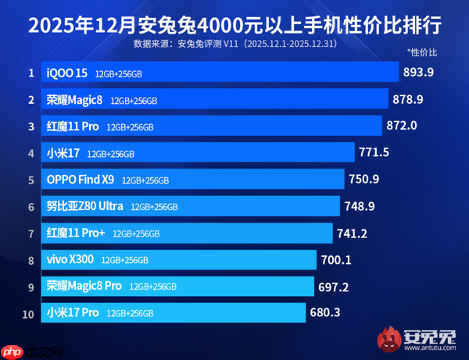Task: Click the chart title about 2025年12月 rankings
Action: coord(234,21)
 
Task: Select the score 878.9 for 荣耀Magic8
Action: coord(409,99)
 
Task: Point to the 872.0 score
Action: coord(402,126)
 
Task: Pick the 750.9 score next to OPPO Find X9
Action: coord(364,180)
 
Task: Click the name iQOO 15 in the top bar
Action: coord(66,73)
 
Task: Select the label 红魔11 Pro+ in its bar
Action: coord(76,233)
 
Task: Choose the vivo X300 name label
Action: coord(70,259)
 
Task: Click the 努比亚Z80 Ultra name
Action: coord(85,206)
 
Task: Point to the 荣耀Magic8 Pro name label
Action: coord(84,286)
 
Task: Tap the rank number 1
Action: coord(30,73)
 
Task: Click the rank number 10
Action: coord(30,313)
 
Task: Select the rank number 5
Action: coord(30,180)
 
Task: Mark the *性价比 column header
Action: coord(422,53)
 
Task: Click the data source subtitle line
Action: coord(234,42)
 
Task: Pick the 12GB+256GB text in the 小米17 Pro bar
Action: coord(131,313)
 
